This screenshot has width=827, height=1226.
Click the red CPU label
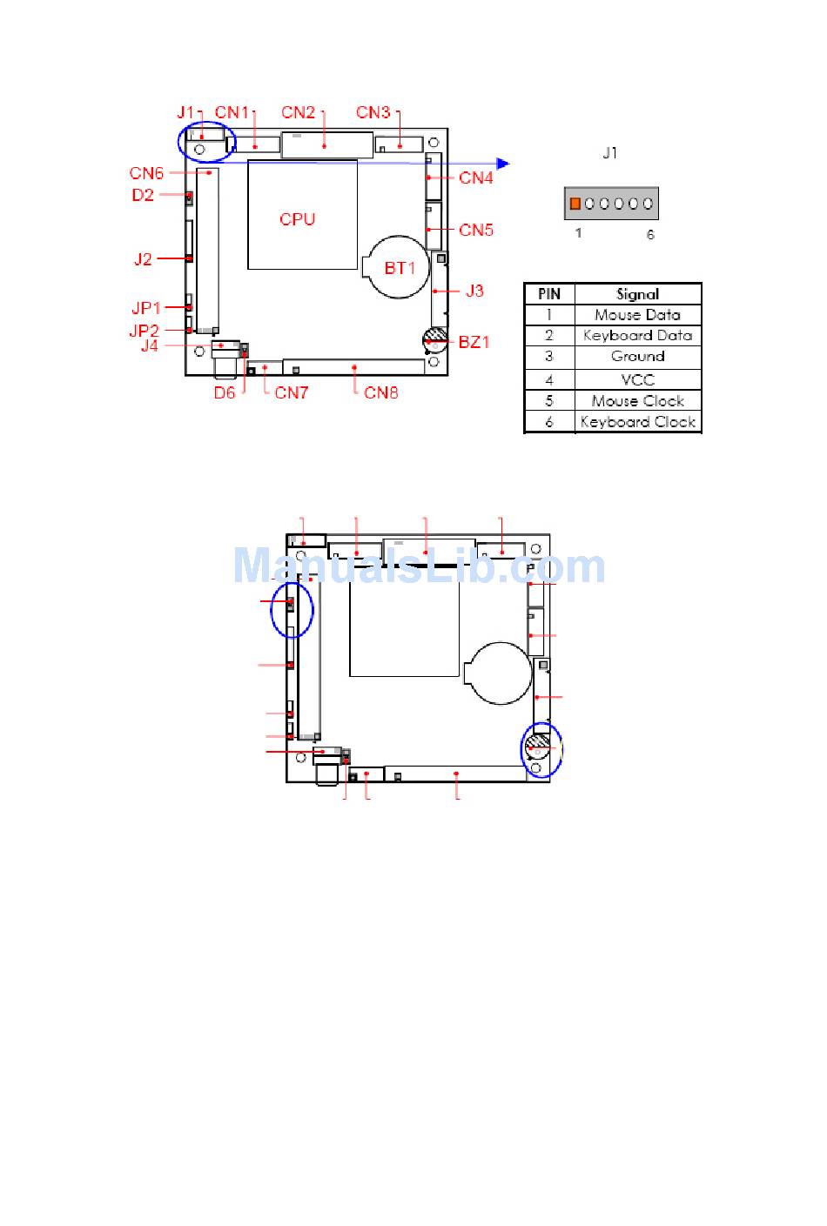(x=298, y=219)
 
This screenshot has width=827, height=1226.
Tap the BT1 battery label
(x=400, y=268)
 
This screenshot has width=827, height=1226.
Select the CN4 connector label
(x=476, y=178)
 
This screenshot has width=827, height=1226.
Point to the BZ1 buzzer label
(x=474, y=343)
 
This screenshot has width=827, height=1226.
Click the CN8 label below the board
(x=380, y=393)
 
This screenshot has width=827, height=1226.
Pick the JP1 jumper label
(x=146, y=308)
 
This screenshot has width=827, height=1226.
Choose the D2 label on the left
(x=143, y=196)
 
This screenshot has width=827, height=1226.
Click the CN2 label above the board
(x=298, y=113)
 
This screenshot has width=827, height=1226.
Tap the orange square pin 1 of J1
(x=575, y=204)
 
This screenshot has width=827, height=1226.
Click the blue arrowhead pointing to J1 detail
(x=503, y=163)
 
